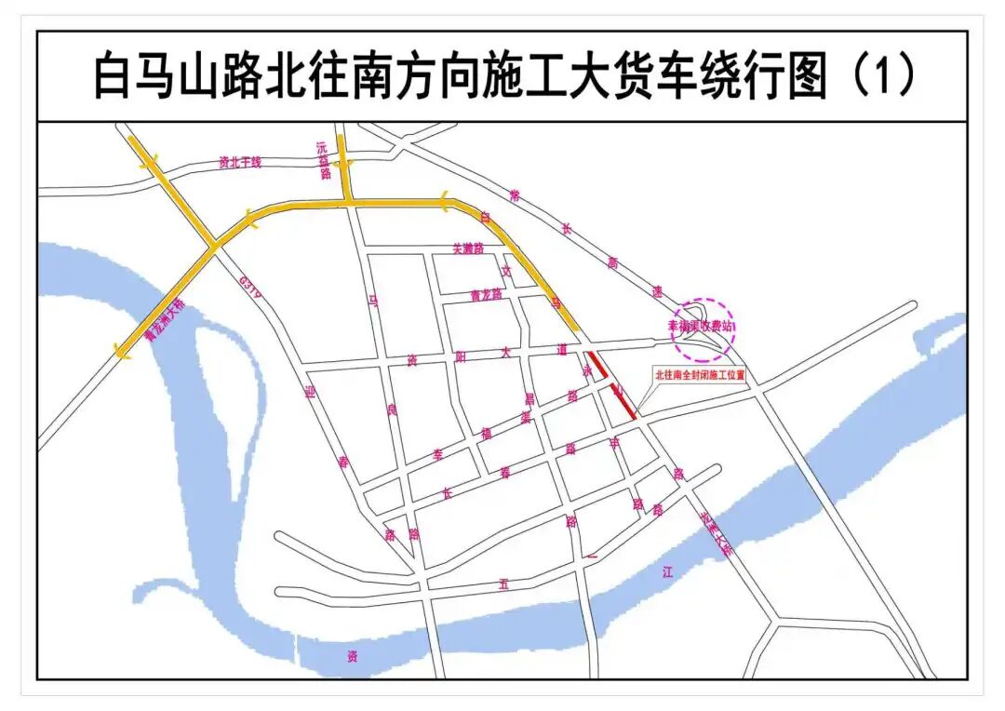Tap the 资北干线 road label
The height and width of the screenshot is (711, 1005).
[240, 162]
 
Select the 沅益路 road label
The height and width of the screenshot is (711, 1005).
[324, 159]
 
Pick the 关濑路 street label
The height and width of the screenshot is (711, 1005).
[468, 249]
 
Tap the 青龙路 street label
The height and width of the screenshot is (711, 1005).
[486, 296]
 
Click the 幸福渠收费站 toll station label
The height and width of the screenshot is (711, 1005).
[702, 328]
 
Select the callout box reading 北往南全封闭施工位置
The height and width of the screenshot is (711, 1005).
[700, 377]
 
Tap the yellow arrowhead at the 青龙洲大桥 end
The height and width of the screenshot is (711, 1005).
[119, 349]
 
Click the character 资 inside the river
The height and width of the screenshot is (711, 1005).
[352, 656]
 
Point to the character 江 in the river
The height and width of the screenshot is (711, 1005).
[666, 572]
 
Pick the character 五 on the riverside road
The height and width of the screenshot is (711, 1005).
[504, 584]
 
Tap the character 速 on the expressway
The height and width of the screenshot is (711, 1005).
[657, 291]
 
